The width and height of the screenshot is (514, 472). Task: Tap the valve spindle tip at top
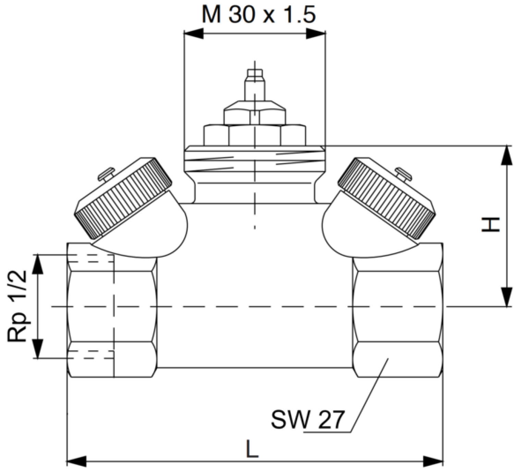point(255,73)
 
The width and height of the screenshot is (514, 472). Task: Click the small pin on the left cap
point(106,173)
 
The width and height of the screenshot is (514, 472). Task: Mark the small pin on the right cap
point(404,173)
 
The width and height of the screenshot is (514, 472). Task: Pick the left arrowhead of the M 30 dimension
point(194,33)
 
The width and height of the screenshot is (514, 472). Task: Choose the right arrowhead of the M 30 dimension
point(316,33)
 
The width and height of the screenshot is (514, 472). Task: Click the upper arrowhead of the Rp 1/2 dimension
point(38,264)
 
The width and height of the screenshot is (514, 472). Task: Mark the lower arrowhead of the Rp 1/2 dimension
point(38,349)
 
